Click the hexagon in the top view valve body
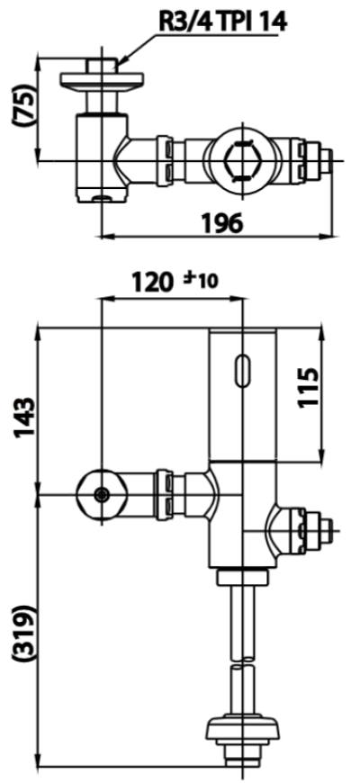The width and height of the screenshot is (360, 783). [x=242, y=160]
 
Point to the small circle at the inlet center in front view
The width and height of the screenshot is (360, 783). [x=101, y=494]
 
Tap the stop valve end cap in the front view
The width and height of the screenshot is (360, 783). [x=322, y=532]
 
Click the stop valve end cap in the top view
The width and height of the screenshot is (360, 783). [x=325, y=160]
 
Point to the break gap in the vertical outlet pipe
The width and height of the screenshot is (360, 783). [x=242, y=664]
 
